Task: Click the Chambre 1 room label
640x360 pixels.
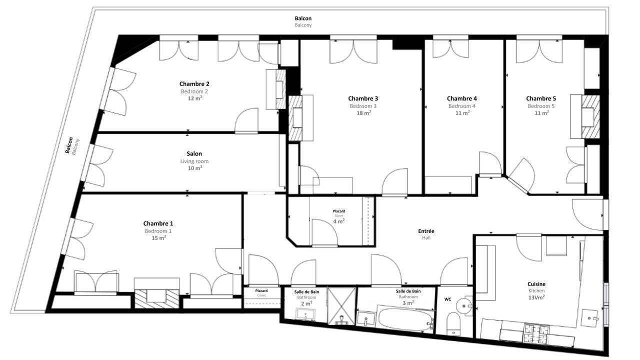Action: click(158, 223)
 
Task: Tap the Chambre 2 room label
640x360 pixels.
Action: click(194, 83)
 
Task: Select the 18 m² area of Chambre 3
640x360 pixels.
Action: click(363, 113)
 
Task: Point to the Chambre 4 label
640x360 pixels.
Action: click(461, 98)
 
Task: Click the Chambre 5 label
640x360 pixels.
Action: click(541, 98)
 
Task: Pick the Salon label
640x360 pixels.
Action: click(194, 153)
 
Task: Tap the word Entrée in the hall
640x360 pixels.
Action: click(426, 231)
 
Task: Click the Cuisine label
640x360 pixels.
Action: click(536, 284)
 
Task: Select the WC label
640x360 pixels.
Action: click(447, 299)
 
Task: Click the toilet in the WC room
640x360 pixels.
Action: click(453, 324)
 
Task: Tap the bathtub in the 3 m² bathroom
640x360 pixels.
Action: click(406, 319)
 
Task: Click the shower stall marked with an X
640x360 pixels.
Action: click(341, 306)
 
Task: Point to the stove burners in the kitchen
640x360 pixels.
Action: click(536, 333)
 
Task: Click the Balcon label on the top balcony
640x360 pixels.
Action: click(303, 18)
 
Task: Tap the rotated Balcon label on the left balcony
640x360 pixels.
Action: click(69, 145)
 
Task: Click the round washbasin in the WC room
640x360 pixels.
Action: click(463, 306)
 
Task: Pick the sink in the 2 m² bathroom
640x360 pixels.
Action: click(305, 314)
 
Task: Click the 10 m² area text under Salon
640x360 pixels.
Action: click(195, 168)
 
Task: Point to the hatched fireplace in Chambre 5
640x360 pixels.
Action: click(590, 116)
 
